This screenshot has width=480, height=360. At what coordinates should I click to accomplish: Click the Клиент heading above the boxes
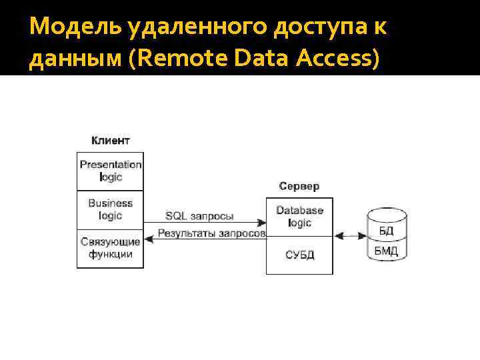(x=110, y=141)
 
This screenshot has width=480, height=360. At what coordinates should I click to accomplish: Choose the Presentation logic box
(x=110, y=171)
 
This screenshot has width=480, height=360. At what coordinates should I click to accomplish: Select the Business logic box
(x=110, y=209)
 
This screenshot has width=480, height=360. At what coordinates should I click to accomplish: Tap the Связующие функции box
(x=110, y=248)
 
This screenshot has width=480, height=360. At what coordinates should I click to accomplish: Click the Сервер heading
(x=299, y=186)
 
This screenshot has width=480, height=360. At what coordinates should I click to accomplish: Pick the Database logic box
(x=299, y=216)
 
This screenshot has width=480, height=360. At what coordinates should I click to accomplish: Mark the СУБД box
(x=299, y=255)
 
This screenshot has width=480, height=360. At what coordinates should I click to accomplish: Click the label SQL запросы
(x=199, y=215)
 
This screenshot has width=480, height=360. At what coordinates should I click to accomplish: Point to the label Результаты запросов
(x=211, y=233)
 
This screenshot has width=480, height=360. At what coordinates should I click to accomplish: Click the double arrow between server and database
(x=350, y=235)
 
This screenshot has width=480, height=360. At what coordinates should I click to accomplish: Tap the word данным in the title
(x=73, y=60)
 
